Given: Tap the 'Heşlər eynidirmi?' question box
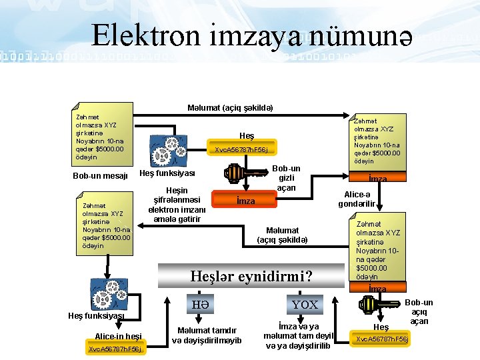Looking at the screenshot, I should coord(251,275).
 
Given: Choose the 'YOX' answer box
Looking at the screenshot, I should coord(305,305).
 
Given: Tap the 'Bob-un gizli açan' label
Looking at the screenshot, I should coord(286,178).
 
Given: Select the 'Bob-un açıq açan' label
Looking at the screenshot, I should coord(419,312).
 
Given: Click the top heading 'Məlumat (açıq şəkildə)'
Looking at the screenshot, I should coord(230,108).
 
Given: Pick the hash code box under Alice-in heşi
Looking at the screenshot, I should coord(115,349).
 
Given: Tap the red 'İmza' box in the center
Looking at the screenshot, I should coord(246,201).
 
